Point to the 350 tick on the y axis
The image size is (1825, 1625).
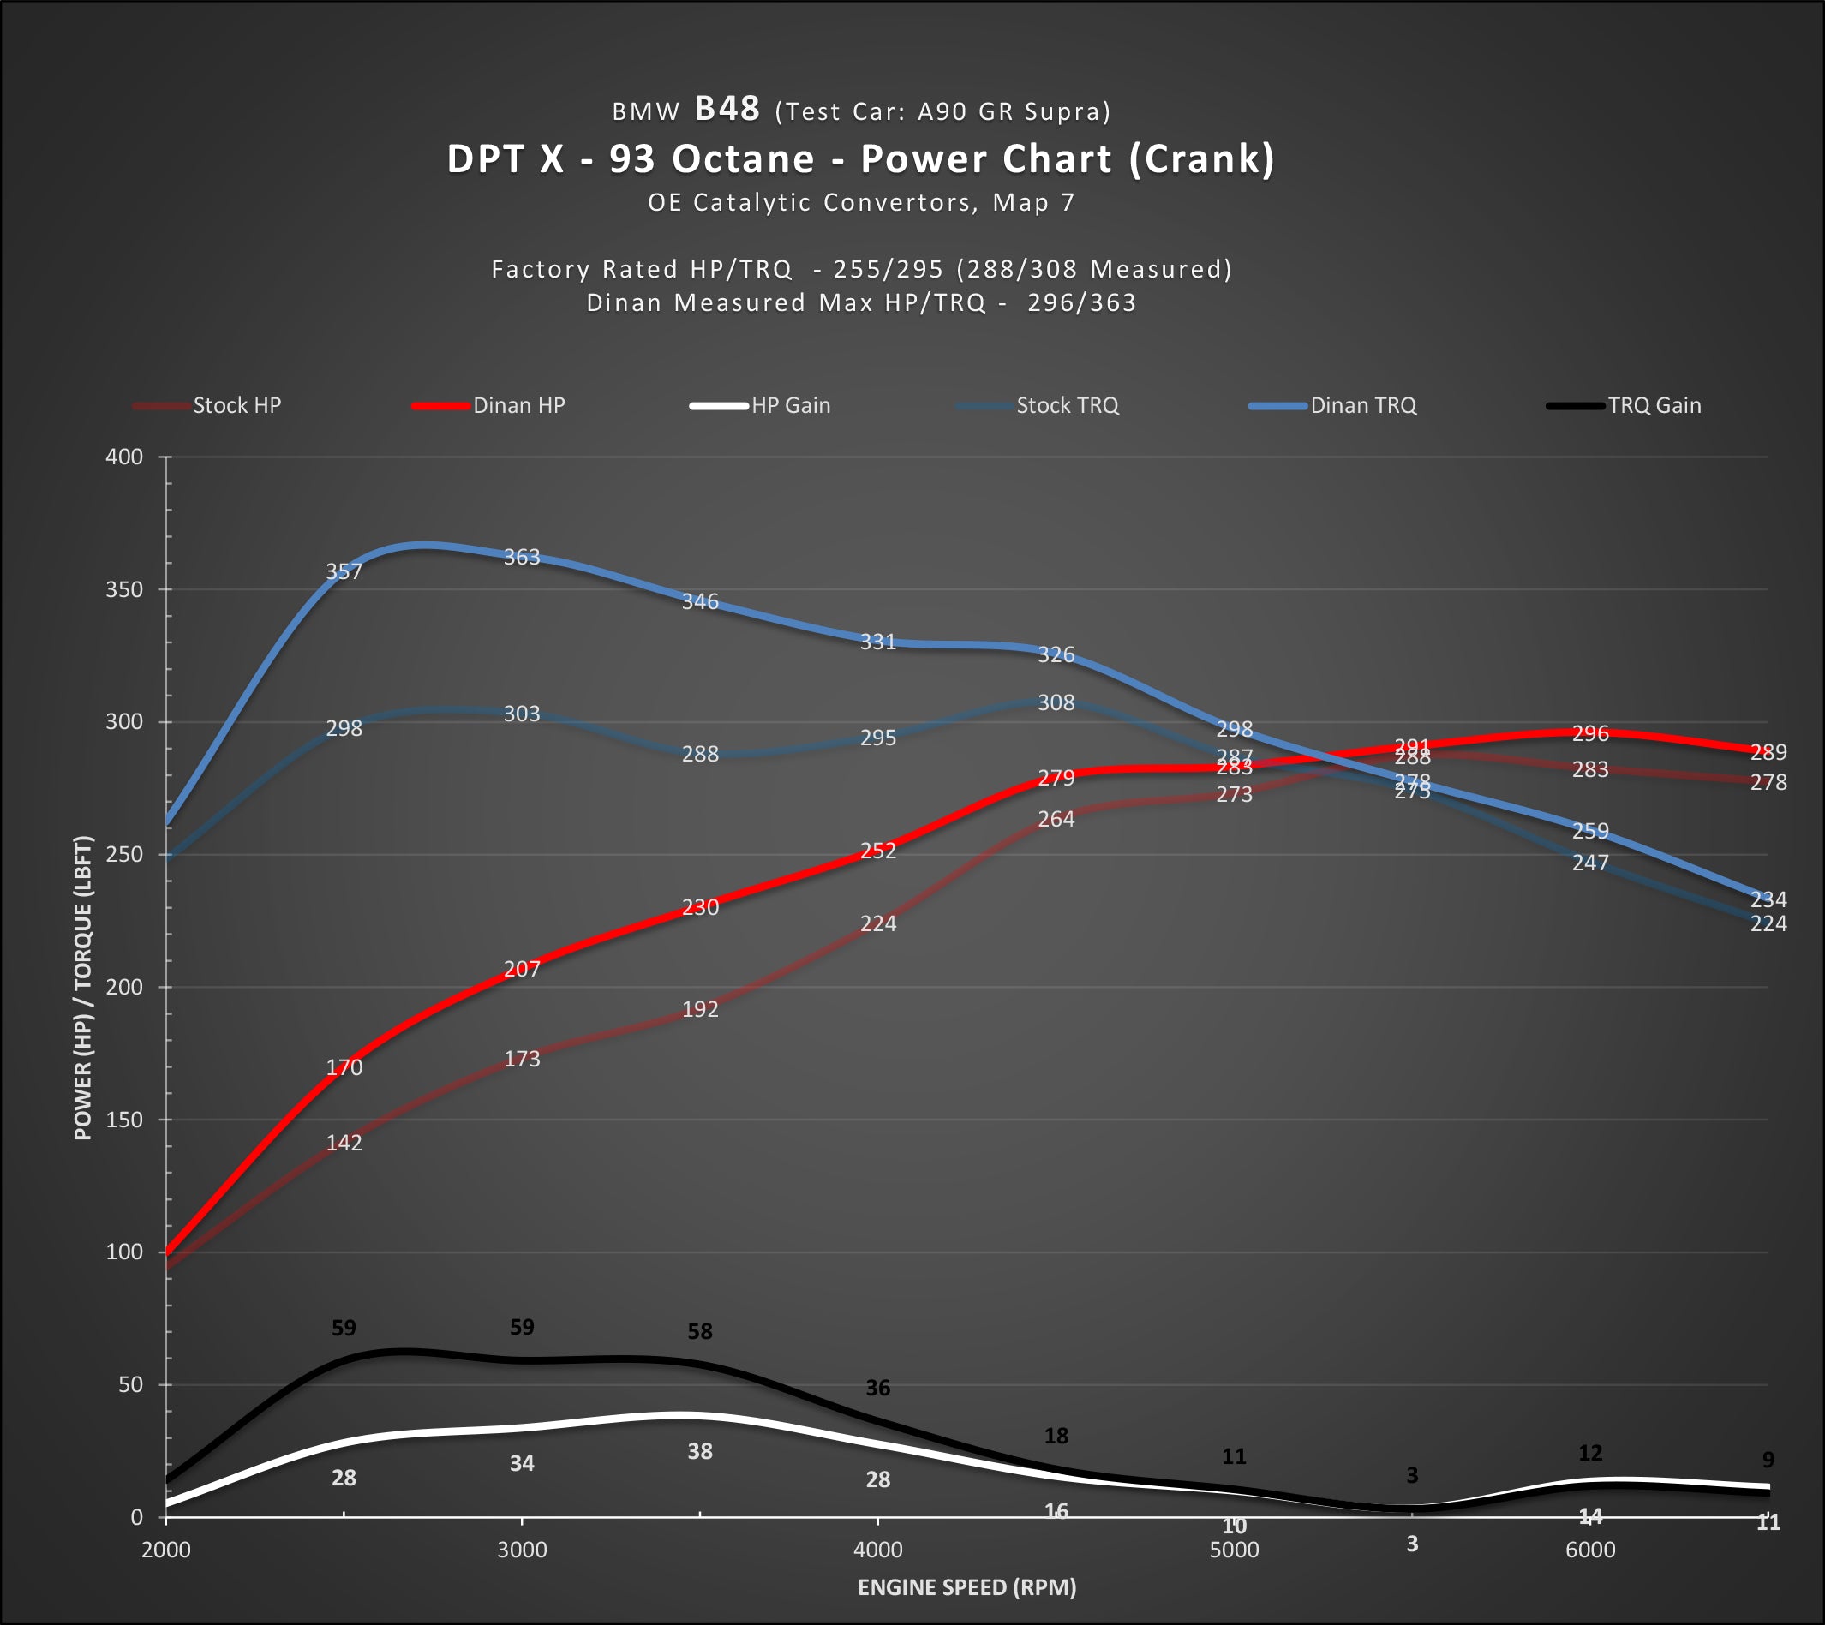point(124,589)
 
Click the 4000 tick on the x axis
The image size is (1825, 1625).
point(877,1550)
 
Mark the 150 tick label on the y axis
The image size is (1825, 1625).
point(124,1120)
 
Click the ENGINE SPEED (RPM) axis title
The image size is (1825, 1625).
point(967,1587)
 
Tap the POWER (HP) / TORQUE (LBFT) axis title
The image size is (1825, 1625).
point(83,988)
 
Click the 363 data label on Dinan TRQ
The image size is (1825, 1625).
point(523,557)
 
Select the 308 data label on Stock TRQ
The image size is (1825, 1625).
point(1056,702)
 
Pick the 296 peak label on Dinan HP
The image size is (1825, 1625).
point(1590,734)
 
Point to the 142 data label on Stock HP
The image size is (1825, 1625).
point(344,1143)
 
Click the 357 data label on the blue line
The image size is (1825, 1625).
point(344,571)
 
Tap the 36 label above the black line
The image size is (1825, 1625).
point(877,1389)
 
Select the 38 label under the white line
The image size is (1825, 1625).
point(700,1452)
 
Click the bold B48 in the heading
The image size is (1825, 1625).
point(727,109)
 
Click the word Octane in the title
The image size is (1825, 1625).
point(743,159)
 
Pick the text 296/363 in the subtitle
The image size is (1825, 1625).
point(1081,302)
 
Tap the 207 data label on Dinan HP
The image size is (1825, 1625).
point(523,969)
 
